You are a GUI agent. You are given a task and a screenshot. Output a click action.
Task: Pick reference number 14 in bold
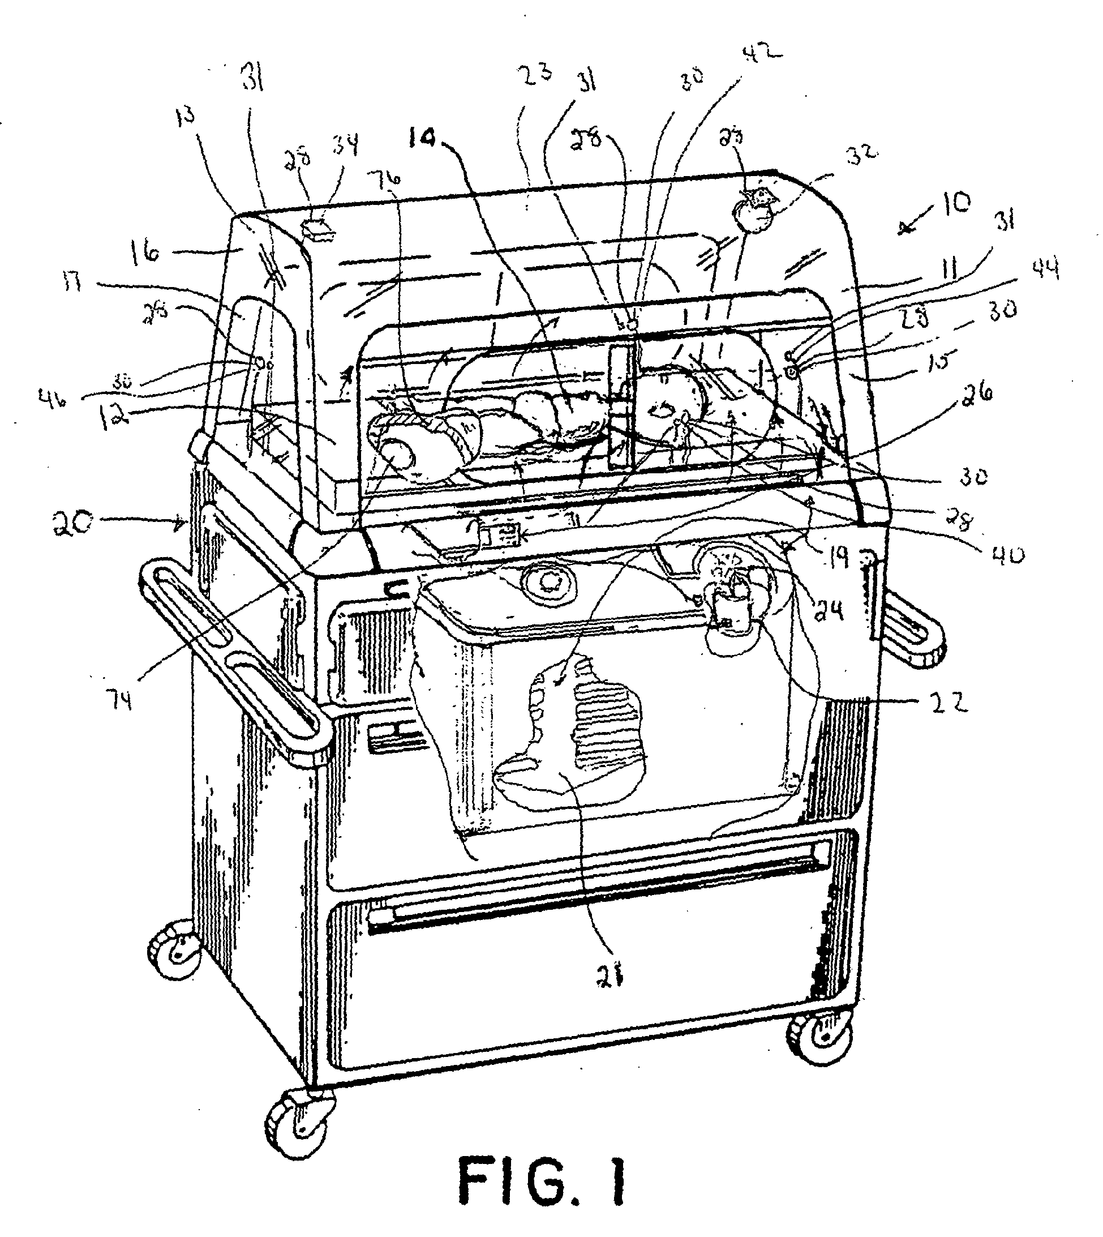coord(422,139)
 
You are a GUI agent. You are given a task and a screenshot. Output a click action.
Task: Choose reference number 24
coord(829,613)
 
